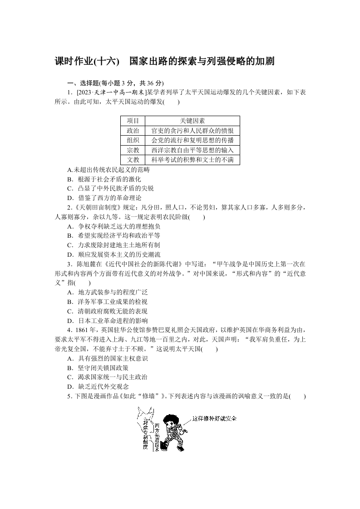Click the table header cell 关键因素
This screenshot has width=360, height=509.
(x=192, y=121)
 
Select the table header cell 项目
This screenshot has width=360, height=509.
(x=133, y=121)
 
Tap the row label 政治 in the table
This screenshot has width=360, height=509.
(x=133, y=131)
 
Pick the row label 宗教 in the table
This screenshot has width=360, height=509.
(x=133, y=150)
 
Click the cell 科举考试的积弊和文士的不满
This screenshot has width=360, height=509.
(x=192, y=160)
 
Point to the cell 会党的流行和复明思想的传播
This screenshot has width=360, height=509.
(x=192, y=140)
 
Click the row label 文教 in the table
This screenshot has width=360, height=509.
(x=133, y=160)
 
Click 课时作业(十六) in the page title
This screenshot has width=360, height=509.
(x=87, y=61)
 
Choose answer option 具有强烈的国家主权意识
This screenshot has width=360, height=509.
(x=109, y=358)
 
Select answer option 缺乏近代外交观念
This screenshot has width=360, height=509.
(x=100, y=387)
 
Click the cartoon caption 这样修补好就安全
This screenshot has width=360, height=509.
(x=214, y=418)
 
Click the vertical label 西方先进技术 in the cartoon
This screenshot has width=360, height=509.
(x=157, y=436)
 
